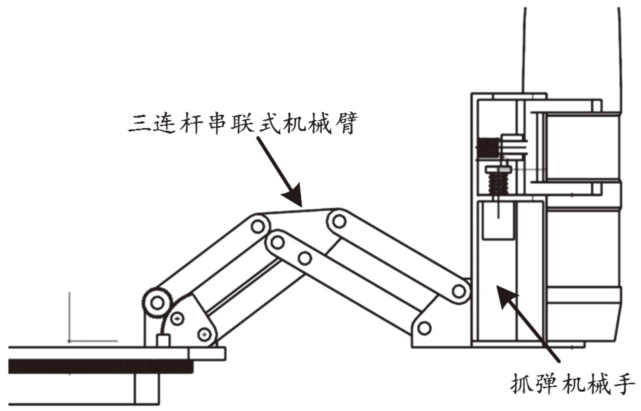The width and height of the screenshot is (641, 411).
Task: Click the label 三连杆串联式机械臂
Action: point(243,123)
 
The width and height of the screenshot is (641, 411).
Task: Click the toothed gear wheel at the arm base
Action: point(157,303)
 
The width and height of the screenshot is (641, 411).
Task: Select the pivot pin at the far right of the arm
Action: point(459,292)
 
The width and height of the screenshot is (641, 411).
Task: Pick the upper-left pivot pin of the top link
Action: point(257,226)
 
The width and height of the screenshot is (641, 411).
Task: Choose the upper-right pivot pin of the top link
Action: point(339,221)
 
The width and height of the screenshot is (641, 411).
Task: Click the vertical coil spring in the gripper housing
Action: point(496,183)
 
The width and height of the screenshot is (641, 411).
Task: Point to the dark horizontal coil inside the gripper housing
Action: point(487,148)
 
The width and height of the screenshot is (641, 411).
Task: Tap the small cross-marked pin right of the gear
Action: point(178,318)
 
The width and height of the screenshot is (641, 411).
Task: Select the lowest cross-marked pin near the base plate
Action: point(205,335)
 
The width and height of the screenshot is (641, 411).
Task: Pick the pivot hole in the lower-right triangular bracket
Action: point(424,328)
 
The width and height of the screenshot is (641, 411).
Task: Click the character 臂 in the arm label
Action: point(344,123)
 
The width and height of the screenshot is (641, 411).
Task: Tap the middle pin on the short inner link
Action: point(304,258)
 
